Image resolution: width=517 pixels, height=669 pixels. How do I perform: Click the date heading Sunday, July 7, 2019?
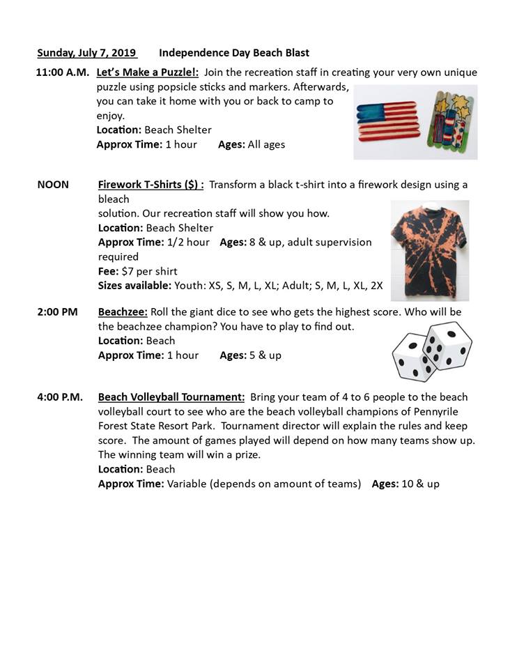[x=87, y=53]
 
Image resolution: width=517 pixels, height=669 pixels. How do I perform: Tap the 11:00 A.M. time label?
[x=62, y=72]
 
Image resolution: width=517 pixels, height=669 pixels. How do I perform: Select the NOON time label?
[x=53, y=185]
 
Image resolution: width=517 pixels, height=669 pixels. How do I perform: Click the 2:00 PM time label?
[x=57, y=312]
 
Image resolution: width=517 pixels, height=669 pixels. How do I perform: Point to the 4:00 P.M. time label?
[x=60, y=397]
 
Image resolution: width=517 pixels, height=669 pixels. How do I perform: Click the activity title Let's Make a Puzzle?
[x=147, y=72]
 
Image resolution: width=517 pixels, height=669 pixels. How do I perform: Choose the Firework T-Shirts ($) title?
[x=151, y=185]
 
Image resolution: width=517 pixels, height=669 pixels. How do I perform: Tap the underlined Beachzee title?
[x=123, y=312]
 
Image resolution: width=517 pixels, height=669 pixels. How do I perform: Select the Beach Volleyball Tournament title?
[x=171, y=397]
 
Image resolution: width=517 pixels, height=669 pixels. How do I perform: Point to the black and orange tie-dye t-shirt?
[x=429, y=240]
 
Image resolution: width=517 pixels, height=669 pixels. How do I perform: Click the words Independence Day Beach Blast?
[x=234, y=53]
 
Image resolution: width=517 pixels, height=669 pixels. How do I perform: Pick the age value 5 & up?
[x=265, y=355]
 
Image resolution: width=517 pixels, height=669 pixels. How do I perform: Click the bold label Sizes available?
[x=134, y=286]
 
